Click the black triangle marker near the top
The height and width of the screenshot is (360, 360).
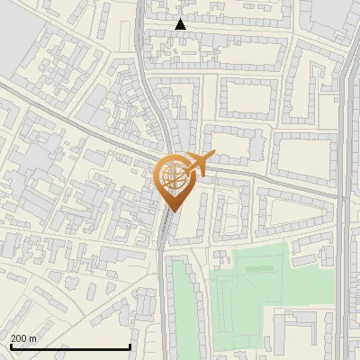181,24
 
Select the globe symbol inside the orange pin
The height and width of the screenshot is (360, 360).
171,177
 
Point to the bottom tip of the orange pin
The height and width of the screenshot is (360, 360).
171,212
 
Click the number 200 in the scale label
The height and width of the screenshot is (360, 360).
19,338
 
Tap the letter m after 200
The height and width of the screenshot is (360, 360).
32,338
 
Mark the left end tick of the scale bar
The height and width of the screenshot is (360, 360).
10,345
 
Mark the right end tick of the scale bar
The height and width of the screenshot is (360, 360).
130,345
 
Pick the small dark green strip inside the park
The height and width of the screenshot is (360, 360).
257,267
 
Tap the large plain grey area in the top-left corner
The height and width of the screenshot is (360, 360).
18,45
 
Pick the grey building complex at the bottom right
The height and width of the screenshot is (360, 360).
306,333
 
